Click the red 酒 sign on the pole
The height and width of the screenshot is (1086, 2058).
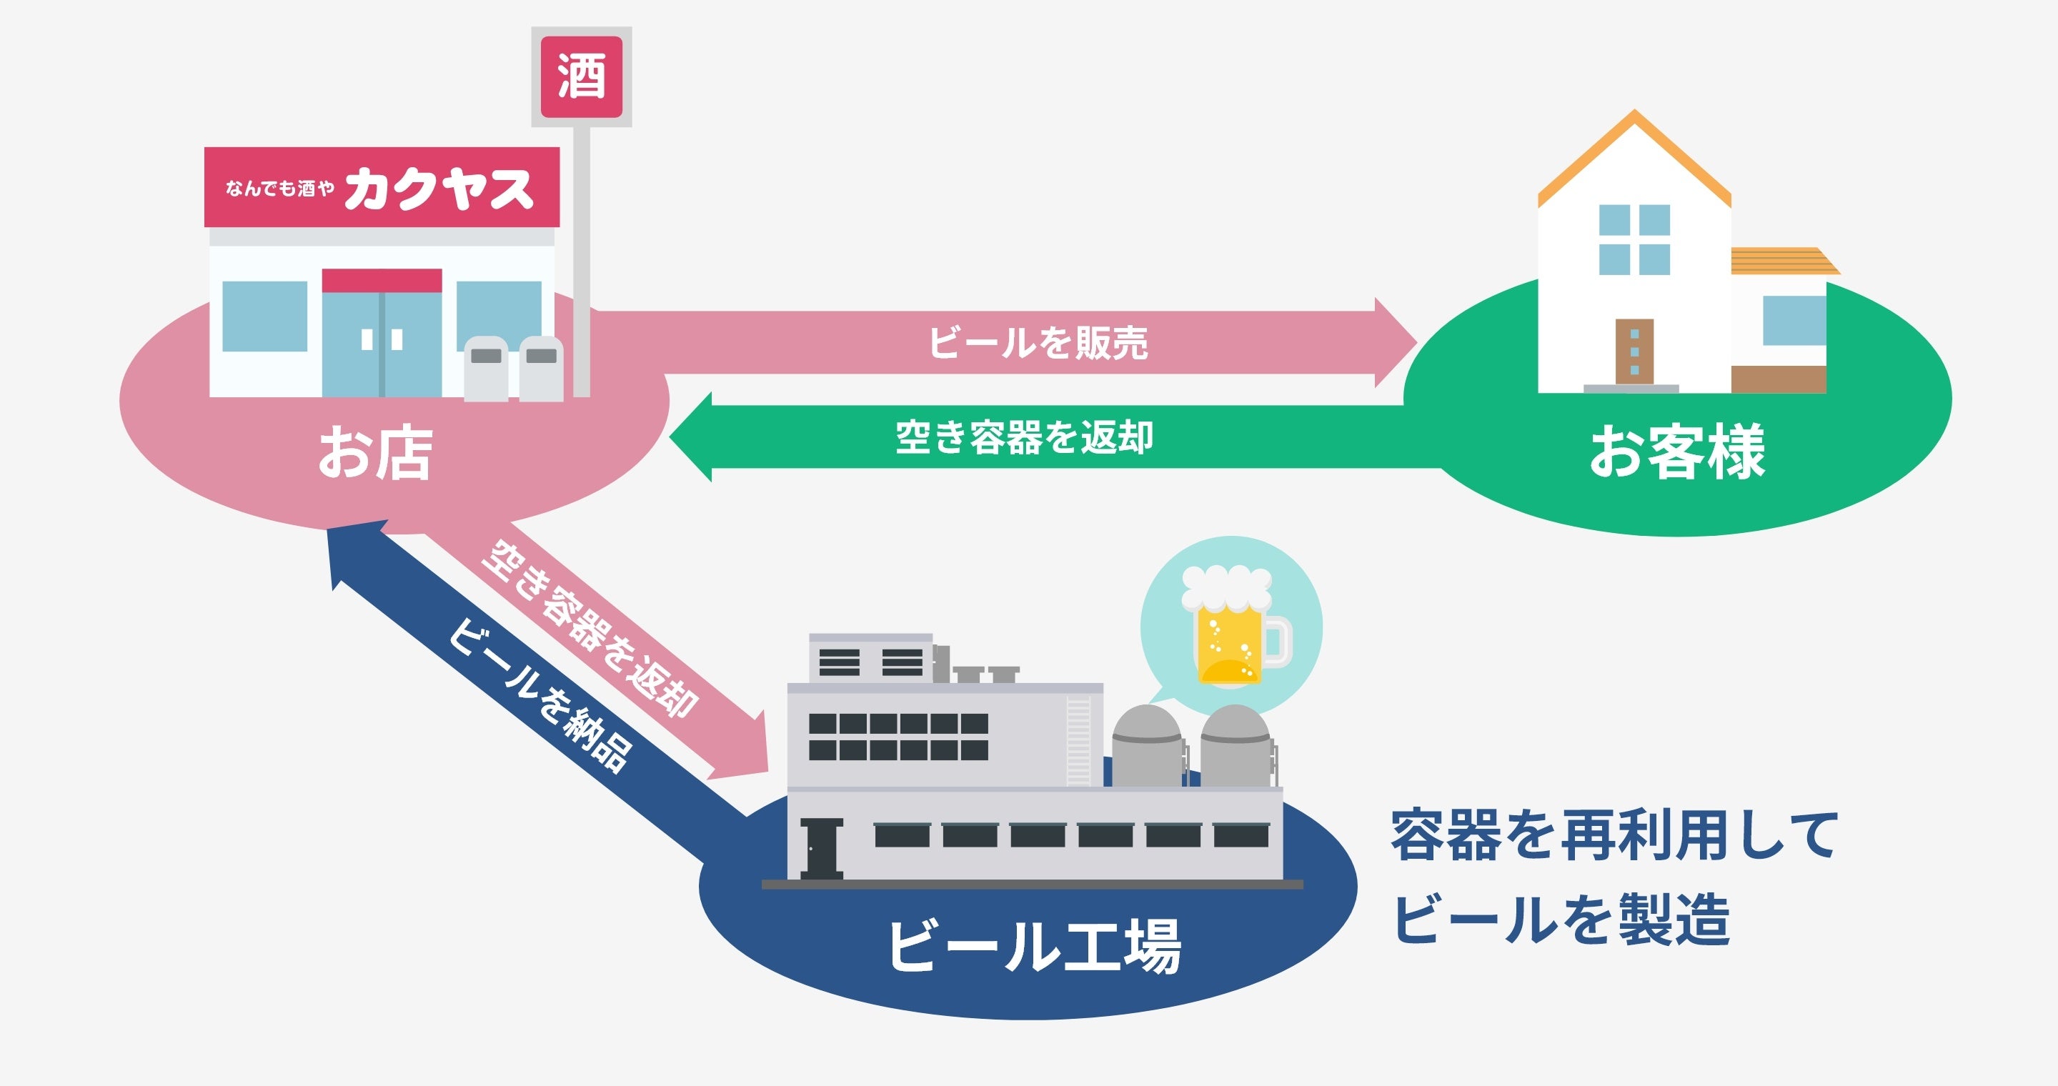581,76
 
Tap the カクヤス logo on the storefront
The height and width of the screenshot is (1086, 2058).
439,189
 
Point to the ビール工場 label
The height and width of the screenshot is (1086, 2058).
1034,946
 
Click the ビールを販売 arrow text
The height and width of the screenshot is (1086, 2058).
1038,344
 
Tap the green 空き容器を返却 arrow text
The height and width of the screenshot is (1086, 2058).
1024,437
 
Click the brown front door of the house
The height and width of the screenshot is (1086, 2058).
1634,352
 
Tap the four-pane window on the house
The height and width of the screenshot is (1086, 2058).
1634,239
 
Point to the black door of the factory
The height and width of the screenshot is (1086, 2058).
820,849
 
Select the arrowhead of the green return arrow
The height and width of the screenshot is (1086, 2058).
692,437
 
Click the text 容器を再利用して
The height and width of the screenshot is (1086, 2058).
1614,835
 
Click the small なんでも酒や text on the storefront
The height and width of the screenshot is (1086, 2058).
279,189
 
